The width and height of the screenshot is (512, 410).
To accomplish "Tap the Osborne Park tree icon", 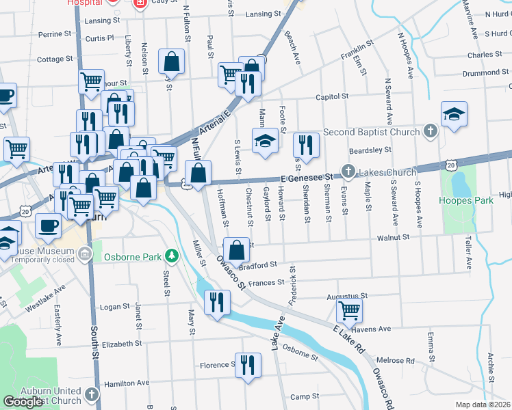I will click(x=174, y=256).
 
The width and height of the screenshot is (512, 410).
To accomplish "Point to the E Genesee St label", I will click(x=306, y=178).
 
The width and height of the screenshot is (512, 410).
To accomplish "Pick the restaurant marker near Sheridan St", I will click(x=306, y=144).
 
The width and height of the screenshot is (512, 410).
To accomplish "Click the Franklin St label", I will click(x=359, y=52).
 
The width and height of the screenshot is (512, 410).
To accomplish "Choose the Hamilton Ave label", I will click(x=126, y=383).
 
